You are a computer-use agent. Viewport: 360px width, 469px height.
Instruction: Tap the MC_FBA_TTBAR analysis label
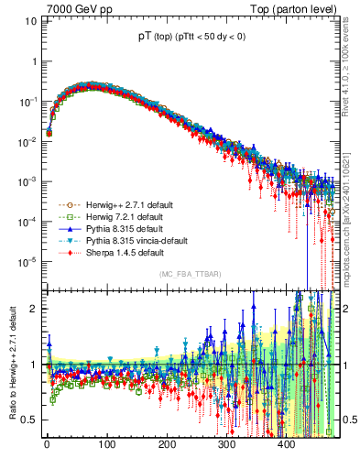click(188, 275)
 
